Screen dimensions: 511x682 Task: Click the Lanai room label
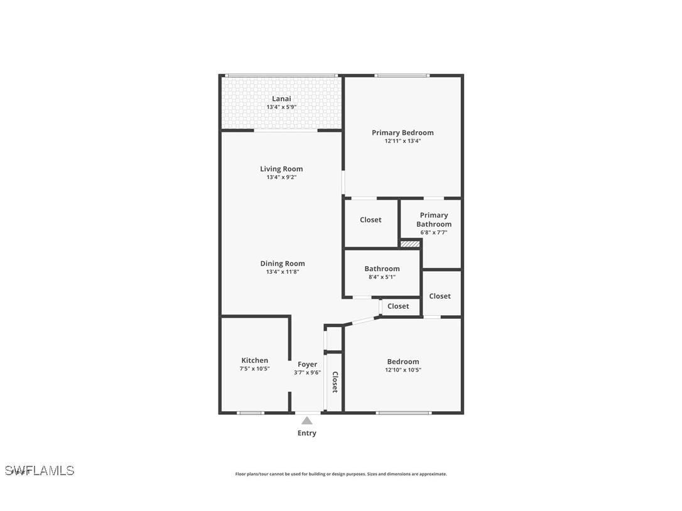click(x=281, y=99)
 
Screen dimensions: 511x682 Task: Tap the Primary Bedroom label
click(x=403, y=132)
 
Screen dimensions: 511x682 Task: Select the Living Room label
click(x=281, y=168)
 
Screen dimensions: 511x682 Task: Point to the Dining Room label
click(x=283, y=264)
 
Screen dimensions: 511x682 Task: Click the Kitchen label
click(x=254, y=360)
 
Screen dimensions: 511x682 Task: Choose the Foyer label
click(x=307, y=364)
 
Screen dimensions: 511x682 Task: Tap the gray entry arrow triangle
click(x=306, y=421)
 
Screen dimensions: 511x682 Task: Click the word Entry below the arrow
click(x=306, y=433)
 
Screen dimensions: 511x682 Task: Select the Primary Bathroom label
click(x=434, y=220)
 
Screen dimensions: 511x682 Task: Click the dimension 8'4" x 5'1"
click(x=382, y=277)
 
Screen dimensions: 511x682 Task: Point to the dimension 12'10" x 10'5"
click(x=403, y=370)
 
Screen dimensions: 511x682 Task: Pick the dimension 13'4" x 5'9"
click(x=281, y=107)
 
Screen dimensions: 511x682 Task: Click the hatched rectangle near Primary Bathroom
click(x=410, y=244)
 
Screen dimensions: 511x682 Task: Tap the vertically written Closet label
click(x=335, y=382)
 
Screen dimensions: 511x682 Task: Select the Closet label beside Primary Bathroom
click(x=371, y=220)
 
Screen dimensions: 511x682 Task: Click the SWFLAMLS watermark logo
click(x=40, y=470)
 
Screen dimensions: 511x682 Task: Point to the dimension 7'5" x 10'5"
click(x=254, y=369)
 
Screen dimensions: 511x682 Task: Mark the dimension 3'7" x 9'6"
click(x=307, y=372)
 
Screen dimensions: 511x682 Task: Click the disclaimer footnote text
click(x=341, y=474)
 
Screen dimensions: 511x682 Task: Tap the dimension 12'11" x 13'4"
click(x=403, y=141)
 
